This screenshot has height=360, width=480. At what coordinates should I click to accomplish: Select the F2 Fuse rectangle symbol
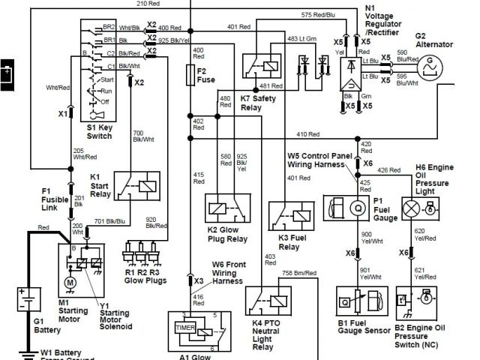pos(190,74)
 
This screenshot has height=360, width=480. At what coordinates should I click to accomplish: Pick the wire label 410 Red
pos(307,134)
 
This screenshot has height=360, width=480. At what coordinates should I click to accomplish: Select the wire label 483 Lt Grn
pos(303,37)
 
